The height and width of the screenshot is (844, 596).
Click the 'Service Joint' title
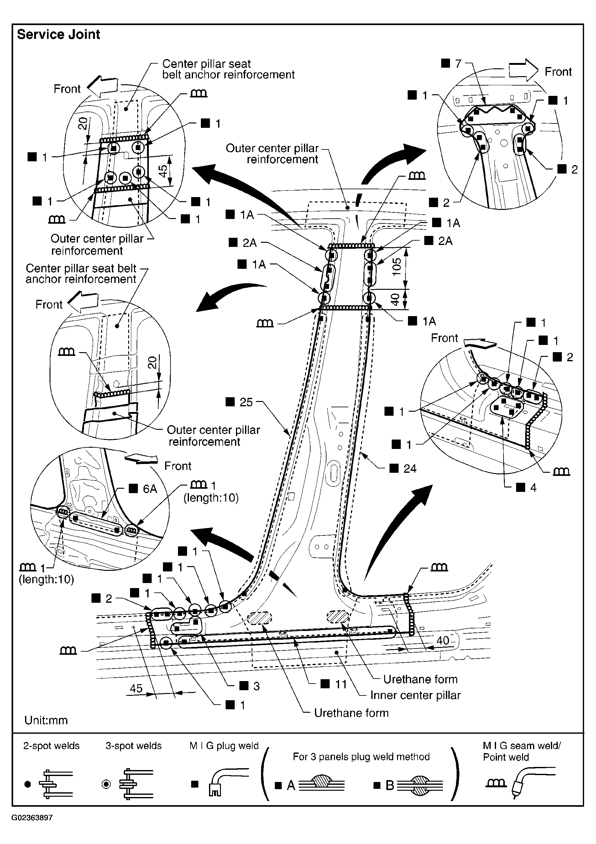(x=59, y=34)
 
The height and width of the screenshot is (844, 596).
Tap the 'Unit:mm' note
(x=46, y=720)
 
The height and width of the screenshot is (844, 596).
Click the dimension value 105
(x=396, y=265)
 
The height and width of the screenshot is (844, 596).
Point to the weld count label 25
(x=246, y=402)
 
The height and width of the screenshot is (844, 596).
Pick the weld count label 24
(x=410, y=469)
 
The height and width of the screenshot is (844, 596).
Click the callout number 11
(x=341, y=684)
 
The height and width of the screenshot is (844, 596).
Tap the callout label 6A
(x=150, y=489)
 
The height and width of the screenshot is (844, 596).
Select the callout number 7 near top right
(x=458, y=64)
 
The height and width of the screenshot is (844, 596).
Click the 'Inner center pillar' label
(x=416, y=695)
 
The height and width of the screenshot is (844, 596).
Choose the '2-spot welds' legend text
(x=51, y=746)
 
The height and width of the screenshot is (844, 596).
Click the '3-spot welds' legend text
(x=133, y=746)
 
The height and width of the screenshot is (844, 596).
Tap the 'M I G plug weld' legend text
(x=224, y=746)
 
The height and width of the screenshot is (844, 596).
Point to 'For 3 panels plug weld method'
(x=361, y=757)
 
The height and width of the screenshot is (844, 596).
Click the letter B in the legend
(x=390, y=785)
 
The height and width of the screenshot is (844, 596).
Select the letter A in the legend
(x=291, y=785)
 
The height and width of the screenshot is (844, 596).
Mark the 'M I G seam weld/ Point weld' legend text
(x=522, y=751)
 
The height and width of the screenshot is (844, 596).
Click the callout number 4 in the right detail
(x=533, y=488)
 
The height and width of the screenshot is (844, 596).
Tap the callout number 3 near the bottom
(x=256, y=686)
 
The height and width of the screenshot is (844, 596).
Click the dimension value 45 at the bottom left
(x=136, y=688)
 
